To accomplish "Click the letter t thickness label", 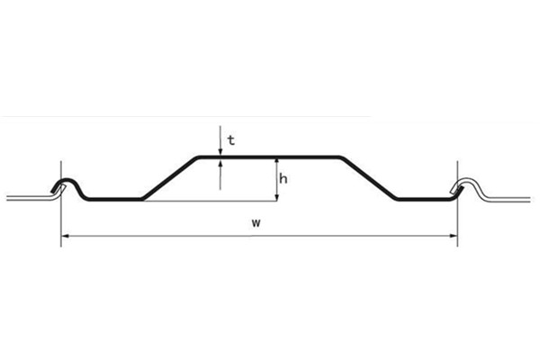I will coord(231,139).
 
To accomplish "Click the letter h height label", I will coord(283,178).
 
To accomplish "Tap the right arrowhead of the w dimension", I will coord(454,236).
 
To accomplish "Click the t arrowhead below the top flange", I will coord(220,165).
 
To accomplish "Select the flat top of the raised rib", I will coord(270,157).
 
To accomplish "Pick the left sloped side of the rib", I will coord(169,177).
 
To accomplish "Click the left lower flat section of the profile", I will coord(115,199).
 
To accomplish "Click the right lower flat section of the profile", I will coord(421,199).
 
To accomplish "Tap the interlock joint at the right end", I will coord(463,185).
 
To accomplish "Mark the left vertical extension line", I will coord(61,216).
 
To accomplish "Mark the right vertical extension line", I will coord(458,216).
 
